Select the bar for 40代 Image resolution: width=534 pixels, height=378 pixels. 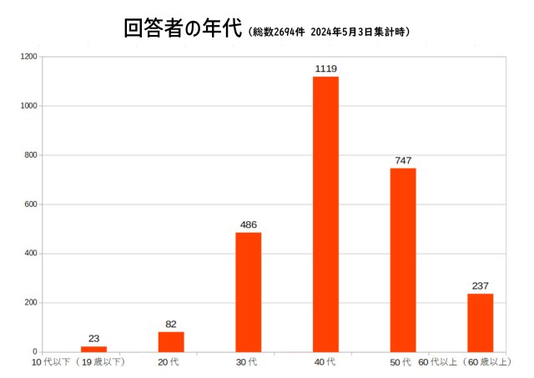click(x=325, y=214)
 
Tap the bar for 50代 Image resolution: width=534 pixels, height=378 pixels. click(x=403, y=260)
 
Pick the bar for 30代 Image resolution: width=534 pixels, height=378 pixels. click(x=248, y=292)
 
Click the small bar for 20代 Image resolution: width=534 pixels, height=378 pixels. click(x=171, y=342)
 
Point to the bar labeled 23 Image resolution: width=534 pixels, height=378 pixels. click(x=93, y=349)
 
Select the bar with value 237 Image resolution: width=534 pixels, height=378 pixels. click(x=480, y=323)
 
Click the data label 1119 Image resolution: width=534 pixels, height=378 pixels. click(x=325, y=68)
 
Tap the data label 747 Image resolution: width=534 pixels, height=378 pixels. click(x=403, y=160)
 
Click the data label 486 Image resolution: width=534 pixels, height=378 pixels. click(x=248, y=224)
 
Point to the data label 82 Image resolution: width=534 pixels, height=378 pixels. click(x=171, y=324)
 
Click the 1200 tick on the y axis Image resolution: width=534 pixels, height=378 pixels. click(x=29, y=57)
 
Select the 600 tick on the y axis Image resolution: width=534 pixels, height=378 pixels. click(x=32, y=204)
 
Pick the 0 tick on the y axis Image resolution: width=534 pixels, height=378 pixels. click(x=36, y=352)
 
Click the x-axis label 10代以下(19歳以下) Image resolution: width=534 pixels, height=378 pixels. click(x=78, y=363)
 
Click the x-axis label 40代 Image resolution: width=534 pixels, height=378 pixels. click(x=325, y=363)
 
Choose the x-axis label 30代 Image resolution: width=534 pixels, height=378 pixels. click(x=248, y=363)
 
